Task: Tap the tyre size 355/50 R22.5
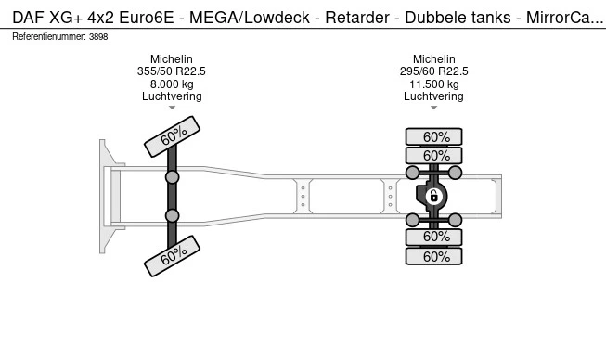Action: click(x=172, y=71)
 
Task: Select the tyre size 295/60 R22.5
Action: click(x=433, y=71)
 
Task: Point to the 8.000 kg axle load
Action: click(x=172, y=84)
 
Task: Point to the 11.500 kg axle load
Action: click(x=433, y=84)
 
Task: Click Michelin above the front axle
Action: click(x=172, y=59)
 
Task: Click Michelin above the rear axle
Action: click(x=433, y=59)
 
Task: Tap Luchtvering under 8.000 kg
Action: click(x=172, y=96)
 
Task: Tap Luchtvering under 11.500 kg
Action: click(x=433, y=96)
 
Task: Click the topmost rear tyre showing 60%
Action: click(x=433, y=136)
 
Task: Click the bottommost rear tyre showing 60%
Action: click(x=433, y=257)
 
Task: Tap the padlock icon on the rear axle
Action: click(x=433, y=196)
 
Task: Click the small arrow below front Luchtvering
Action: click(x=172, y=109)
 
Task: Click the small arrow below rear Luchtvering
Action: click(x=433, y=109)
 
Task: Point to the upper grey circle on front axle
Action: click(x=172, y=177)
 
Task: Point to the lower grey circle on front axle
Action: click(x=172, y=216)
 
